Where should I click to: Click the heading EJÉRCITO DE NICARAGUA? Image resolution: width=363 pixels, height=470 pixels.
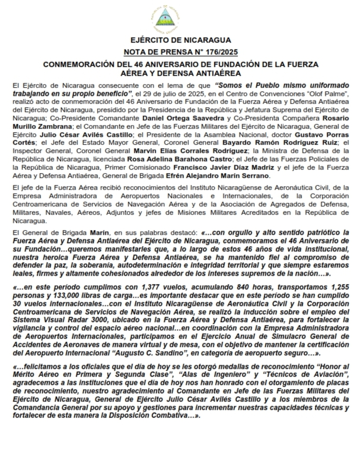click(181, 40)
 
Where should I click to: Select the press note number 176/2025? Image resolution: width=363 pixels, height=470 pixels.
click(219, 52)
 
